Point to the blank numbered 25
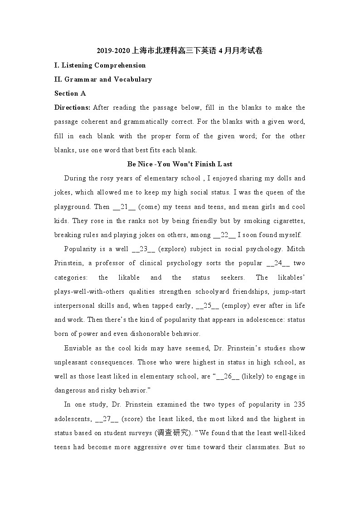pyautogui.click(x=208, y=305)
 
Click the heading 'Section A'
pyautogui.click(x=70, y=93)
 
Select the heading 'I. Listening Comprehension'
pyautogui.click(x=100, y=65)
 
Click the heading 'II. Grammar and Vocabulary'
pyautogui.click(x=103, y=79)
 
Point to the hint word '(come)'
pyautogui.click(x=149, y=207)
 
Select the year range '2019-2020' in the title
pyautogui.click(x=113, y=51)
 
